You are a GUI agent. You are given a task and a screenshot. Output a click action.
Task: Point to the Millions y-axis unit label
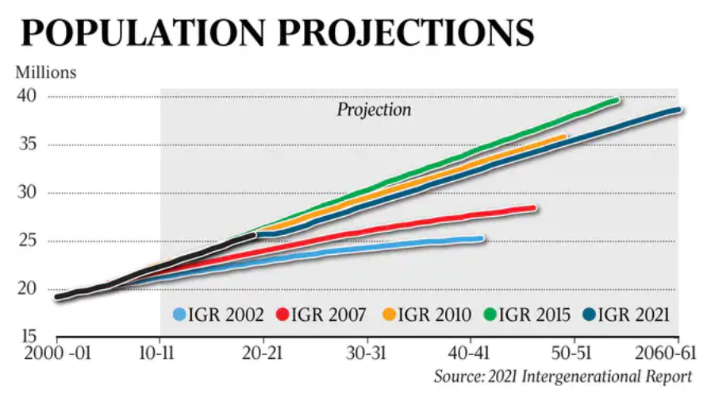(x=46, y=72)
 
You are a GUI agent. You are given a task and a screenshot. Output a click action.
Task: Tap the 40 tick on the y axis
(x=30, y=96)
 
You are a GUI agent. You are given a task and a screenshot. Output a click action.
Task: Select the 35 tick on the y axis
(x=30, y=145)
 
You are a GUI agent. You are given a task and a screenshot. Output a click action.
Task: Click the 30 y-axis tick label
(x=30, y=193)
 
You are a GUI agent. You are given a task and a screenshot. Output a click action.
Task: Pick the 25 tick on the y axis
(x=30, y=241)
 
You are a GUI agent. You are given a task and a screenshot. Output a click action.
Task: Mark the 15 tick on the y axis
(x=30, y=336)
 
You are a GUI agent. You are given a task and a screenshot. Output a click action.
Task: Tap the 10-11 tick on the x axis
(x=160, y=352)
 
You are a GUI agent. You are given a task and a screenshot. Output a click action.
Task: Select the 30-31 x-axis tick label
(x=366, y=352)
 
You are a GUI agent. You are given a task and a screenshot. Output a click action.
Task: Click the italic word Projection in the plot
(x=375, y=110)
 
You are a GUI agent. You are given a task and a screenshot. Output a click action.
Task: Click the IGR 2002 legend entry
(x=219, y=315)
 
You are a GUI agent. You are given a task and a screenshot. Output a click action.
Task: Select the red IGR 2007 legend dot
(x=281, y=315)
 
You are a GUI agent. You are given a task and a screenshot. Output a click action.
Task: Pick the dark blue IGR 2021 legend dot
(x=590, y=315)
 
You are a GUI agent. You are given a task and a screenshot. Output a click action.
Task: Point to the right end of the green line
(x=617, y=101)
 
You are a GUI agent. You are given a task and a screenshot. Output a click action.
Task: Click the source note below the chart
(x=563, y=376)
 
